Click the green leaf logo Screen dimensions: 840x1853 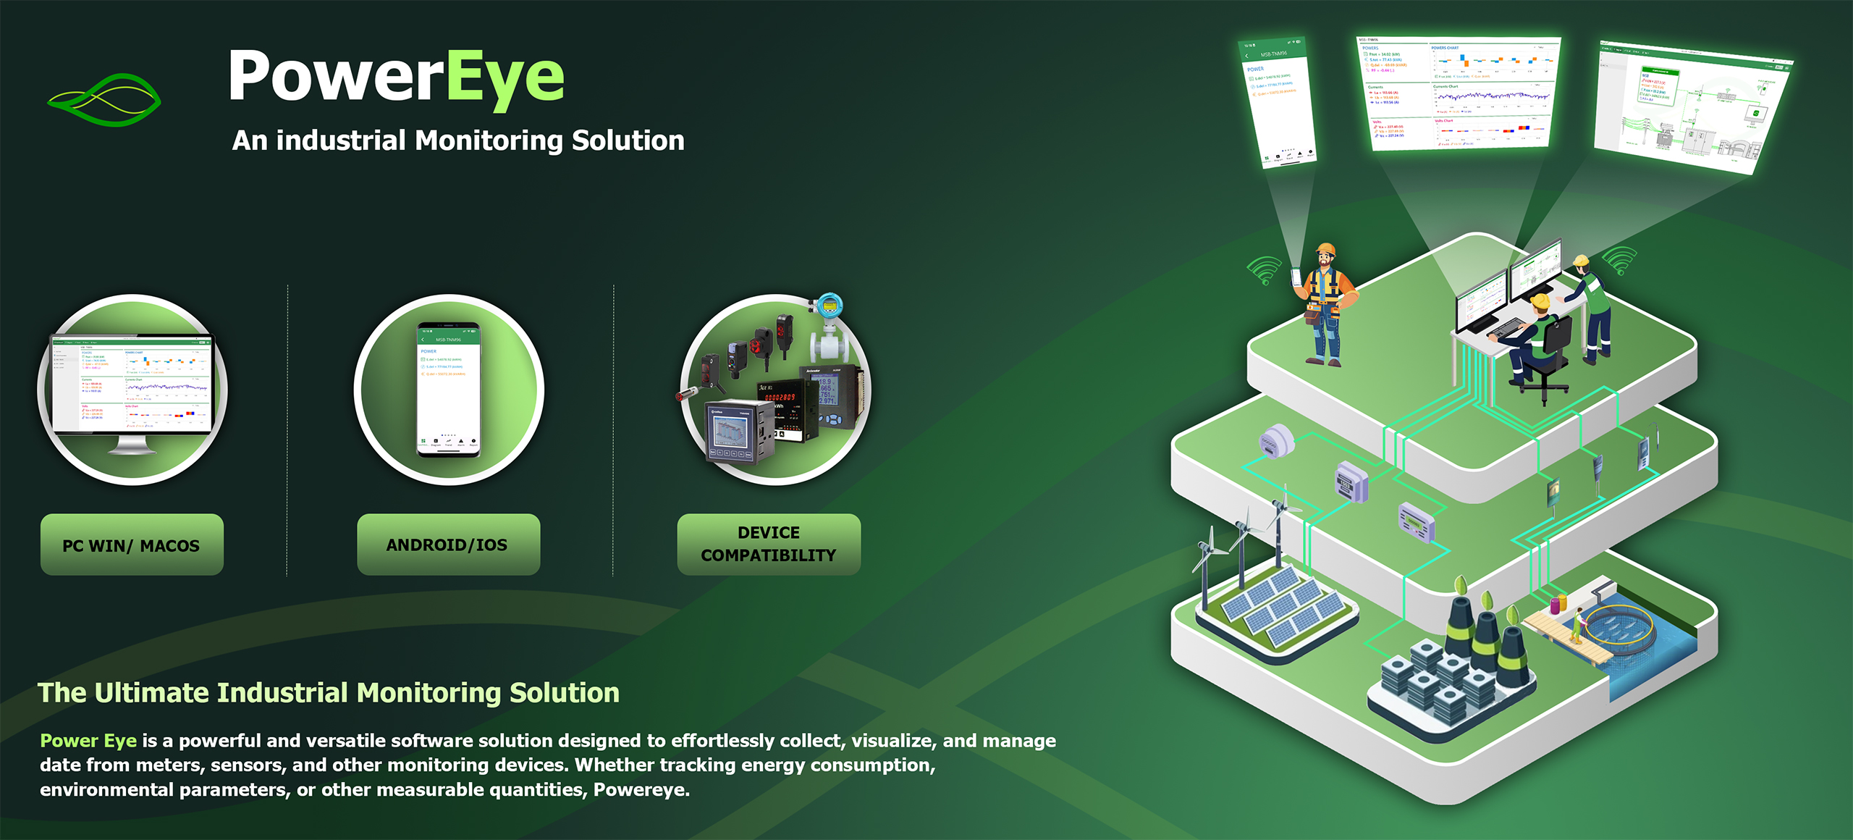click(x=104, y=99)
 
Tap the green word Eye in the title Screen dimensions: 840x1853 click(x=505, y=77)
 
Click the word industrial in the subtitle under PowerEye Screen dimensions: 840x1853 click(x=340, y=140)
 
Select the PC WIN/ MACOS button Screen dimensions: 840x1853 click(x=132, y=545)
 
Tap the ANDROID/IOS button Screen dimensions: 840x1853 click(x=448, y=545)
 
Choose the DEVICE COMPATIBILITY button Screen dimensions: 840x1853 click(x=769, y=545)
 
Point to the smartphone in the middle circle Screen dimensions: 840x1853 click(x=448, y=390)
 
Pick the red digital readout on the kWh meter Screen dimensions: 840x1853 click(x=780, y=397)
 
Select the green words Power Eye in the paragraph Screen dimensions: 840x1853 click(x=88, y=741)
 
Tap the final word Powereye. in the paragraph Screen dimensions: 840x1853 click(x=641, y=790)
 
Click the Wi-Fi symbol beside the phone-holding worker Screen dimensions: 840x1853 click(x=1264, y=271)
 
